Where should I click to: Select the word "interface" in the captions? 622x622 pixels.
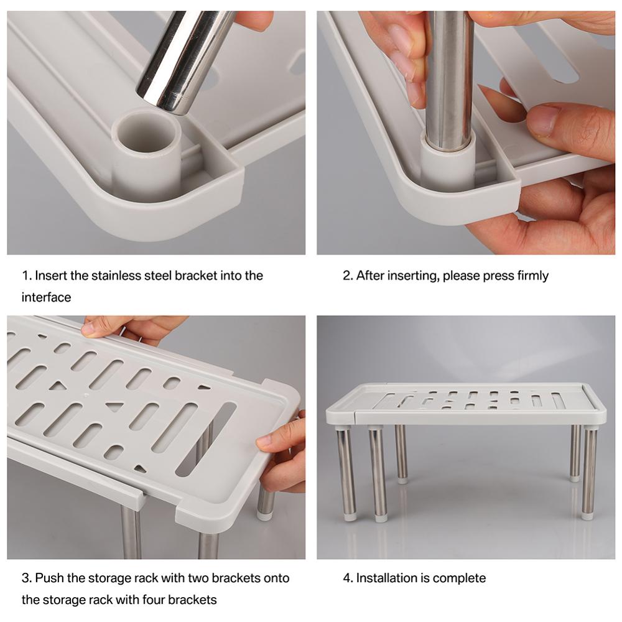(x=46, y=297)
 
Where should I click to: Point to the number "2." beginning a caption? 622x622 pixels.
(x=348, y=276)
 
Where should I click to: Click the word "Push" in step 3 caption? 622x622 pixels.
(x=48, y=578)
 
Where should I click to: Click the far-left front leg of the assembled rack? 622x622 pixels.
(x=345, y=473)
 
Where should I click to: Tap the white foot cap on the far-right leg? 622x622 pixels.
(x=587, y=514)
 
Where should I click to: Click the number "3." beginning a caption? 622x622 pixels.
(x=27, y=578)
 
